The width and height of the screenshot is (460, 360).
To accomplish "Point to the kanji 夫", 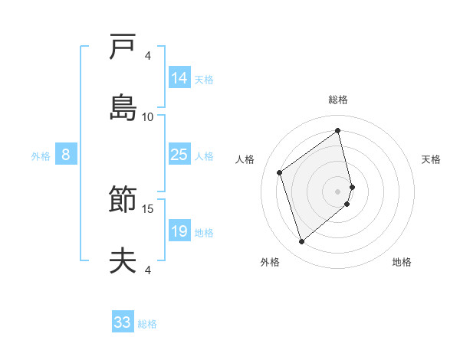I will click(x=123, y=261).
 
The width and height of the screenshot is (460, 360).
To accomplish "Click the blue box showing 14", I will click(x=179, y=78).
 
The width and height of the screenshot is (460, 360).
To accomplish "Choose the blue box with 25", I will click(x=179, y=155).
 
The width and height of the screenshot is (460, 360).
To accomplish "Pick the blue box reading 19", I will click(x=179, y=231).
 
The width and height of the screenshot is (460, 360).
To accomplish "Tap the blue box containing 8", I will click(x=66, y=155).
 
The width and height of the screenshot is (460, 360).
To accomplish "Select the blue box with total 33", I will click(x=123, y=322).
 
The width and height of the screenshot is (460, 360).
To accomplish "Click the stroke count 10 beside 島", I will click(x=148, y=116).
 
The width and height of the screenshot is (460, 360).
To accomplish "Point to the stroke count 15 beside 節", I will click(x=148, y=208).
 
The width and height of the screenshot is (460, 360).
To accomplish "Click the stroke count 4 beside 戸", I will click(x=148, y=55).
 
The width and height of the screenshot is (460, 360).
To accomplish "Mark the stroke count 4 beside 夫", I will click(x=148, y=270).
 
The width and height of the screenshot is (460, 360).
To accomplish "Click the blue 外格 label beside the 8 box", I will click(x=41, y=155).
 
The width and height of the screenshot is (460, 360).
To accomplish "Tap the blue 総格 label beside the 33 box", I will click(x=147, y=324).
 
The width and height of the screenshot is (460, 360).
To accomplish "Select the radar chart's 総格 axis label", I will click(x=338, y=100).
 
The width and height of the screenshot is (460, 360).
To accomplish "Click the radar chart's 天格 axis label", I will click(x=432, y=159).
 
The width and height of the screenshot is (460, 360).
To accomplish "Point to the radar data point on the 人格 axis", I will click(x=280, y=172).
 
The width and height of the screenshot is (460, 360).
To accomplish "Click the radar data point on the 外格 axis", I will click(x=301, y=242).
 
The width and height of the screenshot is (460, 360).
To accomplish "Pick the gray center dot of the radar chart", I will click(x=338, y=191).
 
